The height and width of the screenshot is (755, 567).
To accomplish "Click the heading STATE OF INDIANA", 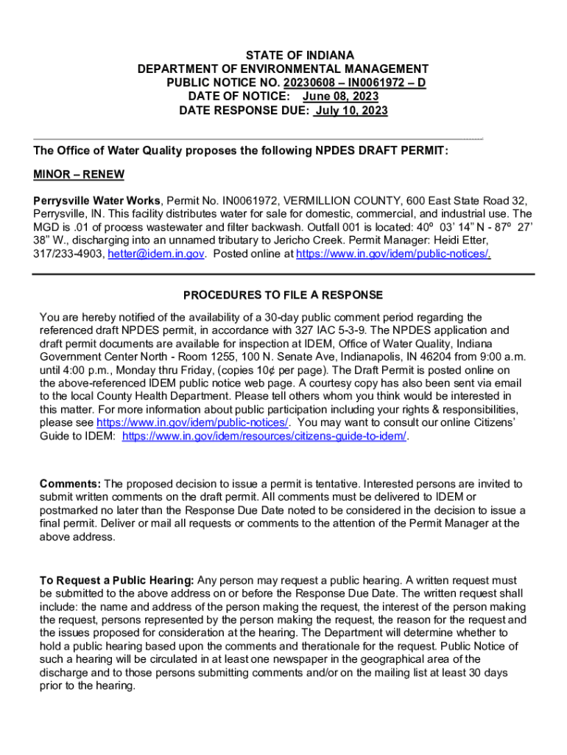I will [283, 55].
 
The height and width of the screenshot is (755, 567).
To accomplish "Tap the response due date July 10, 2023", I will [351, 111].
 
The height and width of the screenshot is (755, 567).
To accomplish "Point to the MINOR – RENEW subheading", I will [79, 175].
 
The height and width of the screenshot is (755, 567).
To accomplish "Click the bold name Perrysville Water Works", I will [97, 201].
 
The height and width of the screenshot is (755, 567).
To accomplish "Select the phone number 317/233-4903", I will [69, 254].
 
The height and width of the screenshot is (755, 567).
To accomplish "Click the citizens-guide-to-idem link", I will [264, 436].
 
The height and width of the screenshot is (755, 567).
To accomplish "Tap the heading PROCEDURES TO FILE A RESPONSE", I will [283, 296].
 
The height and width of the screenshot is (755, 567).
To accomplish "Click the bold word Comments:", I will [70, 484].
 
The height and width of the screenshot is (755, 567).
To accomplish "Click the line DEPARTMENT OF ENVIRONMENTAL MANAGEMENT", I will [283, 69].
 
